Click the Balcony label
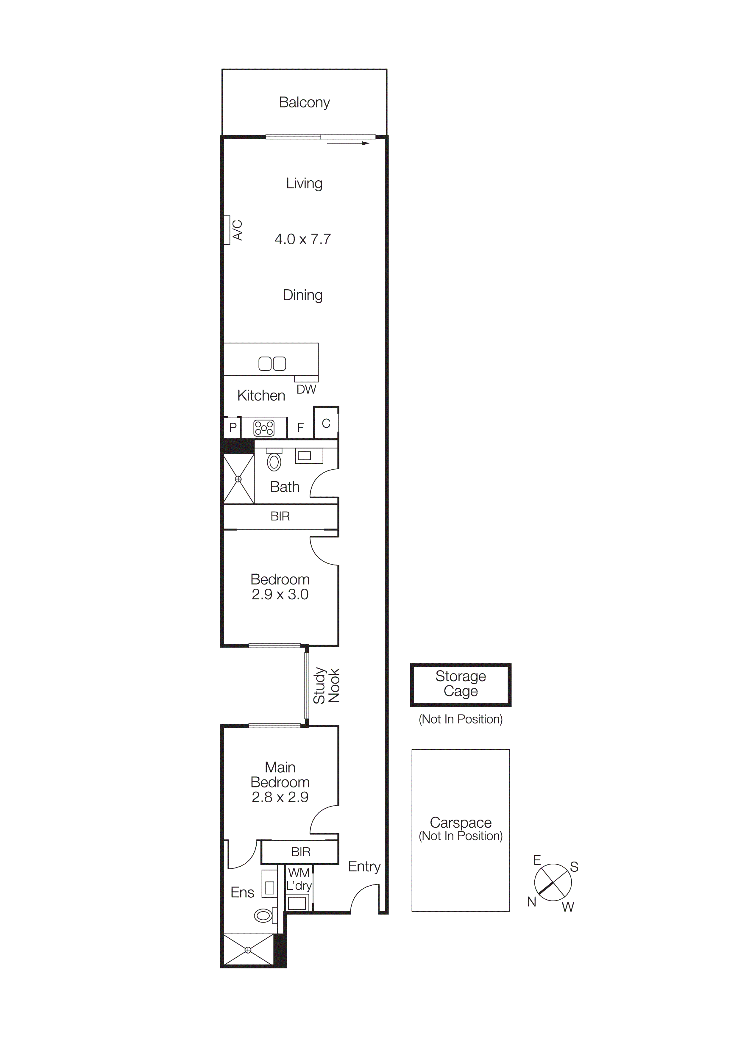point(304,102)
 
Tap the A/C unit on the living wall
point(227,230)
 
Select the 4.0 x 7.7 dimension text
point(303,239)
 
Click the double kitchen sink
point(272,363)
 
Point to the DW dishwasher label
point(306,390)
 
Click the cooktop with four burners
point(264,428)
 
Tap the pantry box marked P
point(233,427)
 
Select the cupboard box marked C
point(326,423)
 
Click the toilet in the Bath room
point(274,462)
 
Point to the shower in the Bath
point(238,479)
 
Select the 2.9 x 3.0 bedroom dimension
point(280,595)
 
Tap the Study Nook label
point(327,686)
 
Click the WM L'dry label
point(299,879)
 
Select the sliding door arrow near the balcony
point(348,143)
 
